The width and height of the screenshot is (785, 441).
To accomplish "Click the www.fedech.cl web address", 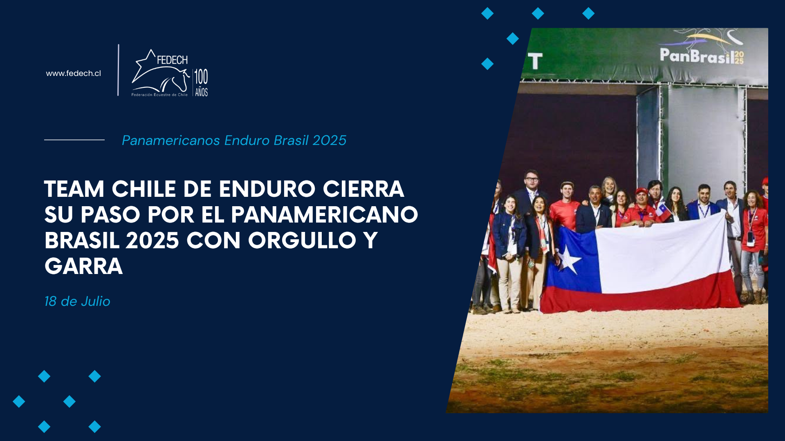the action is pyautogui.click(x=73, y=73).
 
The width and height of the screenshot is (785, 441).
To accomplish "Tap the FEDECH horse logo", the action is pyautogui.click(x=160, y=73).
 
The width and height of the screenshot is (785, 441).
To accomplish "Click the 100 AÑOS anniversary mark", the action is pyautogui.click(x=201, y=82).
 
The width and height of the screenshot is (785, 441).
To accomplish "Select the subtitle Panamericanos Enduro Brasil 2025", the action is pyautogui.click(x=234, y=140).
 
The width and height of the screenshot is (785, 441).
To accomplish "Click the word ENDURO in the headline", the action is pyautogui.click(x=267, y=189).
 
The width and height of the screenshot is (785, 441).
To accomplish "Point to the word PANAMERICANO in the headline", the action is pyautogui.click(x=325, y=215).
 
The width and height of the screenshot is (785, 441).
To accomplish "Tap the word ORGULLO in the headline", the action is pyautogui.click(x=302, y=241).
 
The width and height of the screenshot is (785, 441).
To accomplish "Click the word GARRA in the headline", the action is pyautogui.click(x=83, y=266).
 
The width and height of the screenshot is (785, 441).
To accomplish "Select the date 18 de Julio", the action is pyautogui.click(x=77, y=301).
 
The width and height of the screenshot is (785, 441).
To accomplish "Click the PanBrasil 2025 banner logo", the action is pyautogui.click(x=702, y=48).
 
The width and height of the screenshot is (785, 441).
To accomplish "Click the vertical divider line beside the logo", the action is pyautogui.click(x=119, y=70).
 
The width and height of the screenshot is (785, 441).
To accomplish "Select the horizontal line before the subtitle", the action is pyautogui.click(x=74, y=140).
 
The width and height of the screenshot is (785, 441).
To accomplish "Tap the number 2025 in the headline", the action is pyautogui.click(x=153, y=241).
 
